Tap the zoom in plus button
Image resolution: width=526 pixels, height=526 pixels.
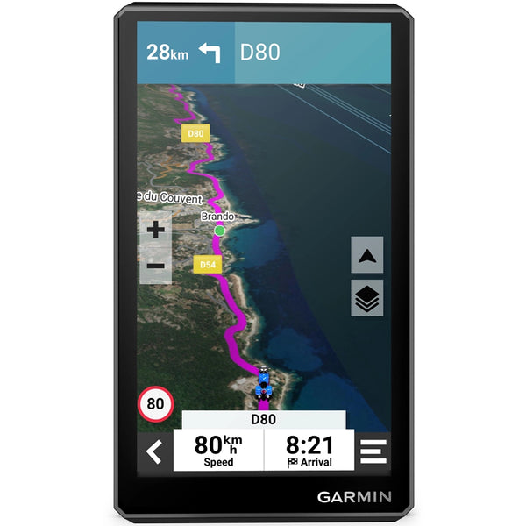pyautogui.click(x=155, y=231)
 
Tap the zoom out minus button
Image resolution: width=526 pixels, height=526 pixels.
pyautogui.click(x=155, y=265)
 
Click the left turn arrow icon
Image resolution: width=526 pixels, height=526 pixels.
pyautogui.click(x=210, y=53)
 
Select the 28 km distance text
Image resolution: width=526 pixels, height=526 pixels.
pyautogui.click(x=167, y=53)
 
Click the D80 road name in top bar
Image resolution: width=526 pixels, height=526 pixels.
pyautogui.click(x=259, y=53)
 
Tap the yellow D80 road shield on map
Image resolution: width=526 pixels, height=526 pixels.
pyautogui.click(x=195, y=134)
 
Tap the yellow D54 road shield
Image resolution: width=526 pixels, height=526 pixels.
pyautogui.click(x=208, y=263)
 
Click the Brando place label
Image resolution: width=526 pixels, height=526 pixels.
pyautogui.click(x=217, y=216)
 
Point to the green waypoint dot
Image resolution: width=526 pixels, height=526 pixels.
pyautogui.click(x=220, y=231)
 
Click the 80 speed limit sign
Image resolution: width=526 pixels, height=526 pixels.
pyautogui.click(x=155, y=404)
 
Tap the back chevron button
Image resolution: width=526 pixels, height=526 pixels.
pyautogui.click(x=155, y=452)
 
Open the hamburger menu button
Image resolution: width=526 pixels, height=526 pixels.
pyautogui.click(x=372, y=452)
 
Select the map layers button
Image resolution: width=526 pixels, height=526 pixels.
pyautogui.click(x=367, y=299)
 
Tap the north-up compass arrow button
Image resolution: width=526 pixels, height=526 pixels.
pyautogui.click(x=367, y=255)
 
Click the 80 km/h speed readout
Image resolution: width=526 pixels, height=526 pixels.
pyautogui.click(x=219, y=445)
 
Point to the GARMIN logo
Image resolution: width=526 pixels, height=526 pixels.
pyautogui.click(x=355, y=496)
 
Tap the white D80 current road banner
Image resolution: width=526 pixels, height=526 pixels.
pyautogui.click(x=263, y=419)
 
